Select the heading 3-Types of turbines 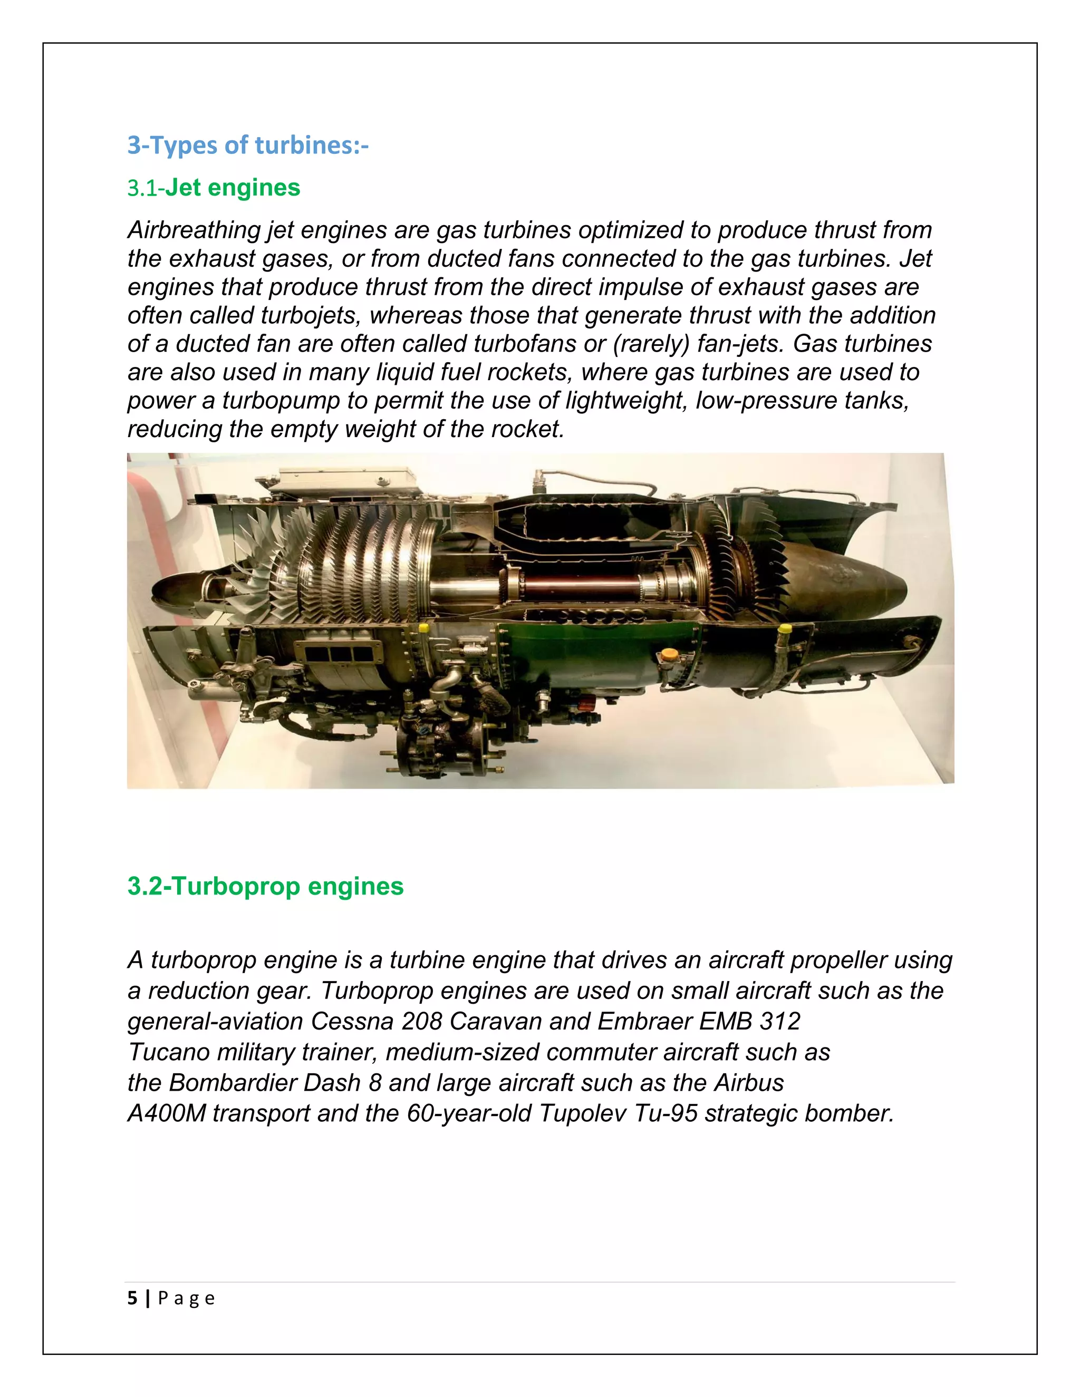coord(248,145)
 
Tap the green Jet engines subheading coord(232,188)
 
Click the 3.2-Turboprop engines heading coord(265,887)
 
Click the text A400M coord(166,1113)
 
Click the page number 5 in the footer coord(132,1298)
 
